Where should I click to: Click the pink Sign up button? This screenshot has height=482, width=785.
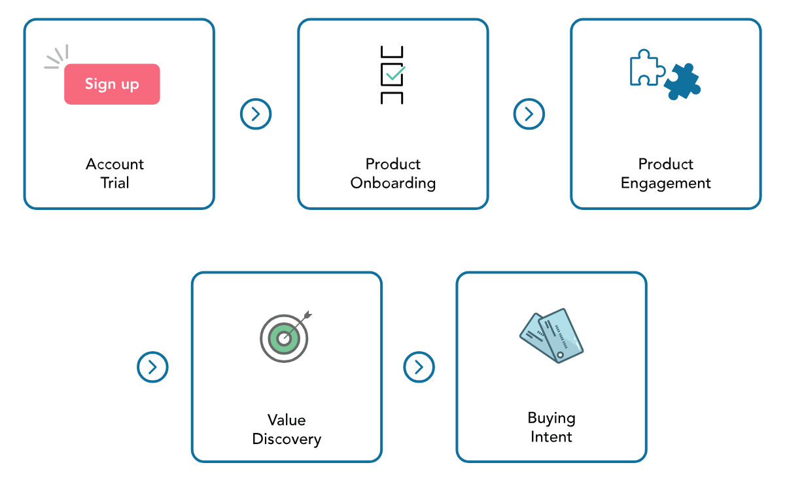pos(112,84)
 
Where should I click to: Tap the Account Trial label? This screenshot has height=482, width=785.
pos(114,173)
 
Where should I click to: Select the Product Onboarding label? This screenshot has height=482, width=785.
pos(392,173)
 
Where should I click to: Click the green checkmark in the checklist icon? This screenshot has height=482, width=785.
pos(395,73)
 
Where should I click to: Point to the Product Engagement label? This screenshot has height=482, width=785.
pos(665,173)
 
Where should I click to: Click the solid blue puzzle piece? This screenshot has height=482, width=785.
pos(682,82)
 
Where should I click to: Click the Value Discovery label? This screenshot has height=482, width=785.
pos(287,429)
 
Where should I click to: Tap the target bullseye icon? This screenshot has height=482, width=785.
pos(285,337)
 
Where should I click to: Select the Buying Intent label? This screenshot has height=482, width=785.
pos(551,427)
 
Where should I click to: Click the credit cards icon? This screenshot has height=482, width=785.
pos(551,336)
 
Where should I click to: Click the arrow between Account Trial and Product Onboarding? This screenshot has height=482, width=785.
pos(256,114)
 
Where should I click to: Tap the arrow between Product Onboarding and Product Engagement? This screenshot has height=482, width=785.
pos(529,114)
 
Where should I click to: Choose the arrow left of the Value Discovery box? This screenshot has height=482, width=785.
pos(152,367)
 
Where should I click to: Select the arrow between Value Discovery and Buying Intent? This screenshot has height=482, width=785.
pos(419,367)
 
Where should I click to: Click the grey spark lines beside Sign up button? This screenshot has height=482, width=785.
pos(56,58)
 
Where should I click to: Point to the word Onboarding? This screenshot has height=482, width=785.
pos(392,183)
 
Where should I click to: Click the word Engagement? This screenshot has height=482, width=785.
pos(665,183)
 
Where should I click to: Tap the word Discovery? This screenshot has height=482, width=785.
pos(287,439)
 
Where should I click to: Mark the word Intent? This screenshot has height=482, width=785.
pos(551,437)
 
